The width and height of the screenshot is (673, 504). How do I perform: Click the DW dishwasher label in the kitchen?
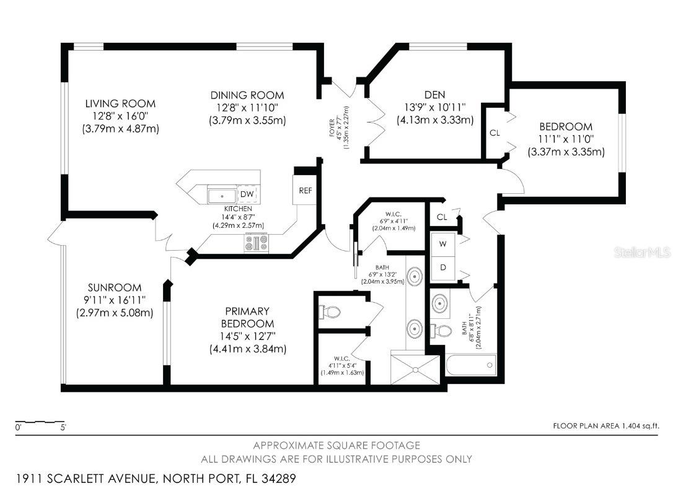[x=247, y=194]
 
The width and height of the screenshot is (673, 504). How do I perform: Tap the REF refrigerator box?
[x=305, y=190]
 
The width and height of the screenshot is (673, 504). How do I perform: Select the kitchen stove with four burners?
[x=256, y=243]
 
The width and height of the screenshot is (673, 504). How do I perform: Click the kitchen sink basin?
[x=222, y=196]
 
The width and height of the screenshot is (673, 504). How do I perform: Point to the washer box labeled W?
[x=443, y=243]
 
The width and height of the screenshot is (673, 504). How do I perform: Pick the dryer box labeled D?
[x=443, y=267]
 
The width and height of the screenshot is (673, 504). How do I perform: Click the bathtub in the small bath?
[x=471, y=365]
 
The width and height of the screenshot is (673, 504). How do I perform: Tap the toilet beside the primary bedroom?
[x=330, y=312]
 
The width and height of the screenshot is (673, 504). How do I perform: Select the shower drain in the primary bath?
[x=415, y=370]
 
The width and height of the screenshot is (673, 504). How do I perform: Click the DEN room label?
[x=435, y=95]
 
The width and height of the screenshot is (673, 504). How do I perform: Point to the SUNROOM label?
[x=115, y=287]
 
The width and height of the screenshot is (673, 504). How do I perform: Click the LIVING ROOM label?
[x=120, y=103]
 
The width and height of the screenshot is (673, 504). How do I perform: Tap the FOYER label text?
[x=332, y=128]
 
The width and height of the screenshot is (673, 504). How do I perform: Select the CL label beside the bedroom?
[x=495, y=133]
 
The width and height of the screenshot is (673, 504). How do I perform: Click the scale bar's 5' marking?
[x=63, y=427]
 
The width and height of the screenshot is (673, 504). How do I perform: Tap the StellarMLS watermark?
[x=642, y=252]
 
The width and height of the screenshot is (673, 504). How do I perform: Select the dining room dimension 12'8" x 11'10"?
[x=247, y=108]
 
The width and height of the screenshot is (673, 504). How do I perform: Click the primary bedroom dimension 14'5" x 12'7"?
[x=248, y=336]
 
